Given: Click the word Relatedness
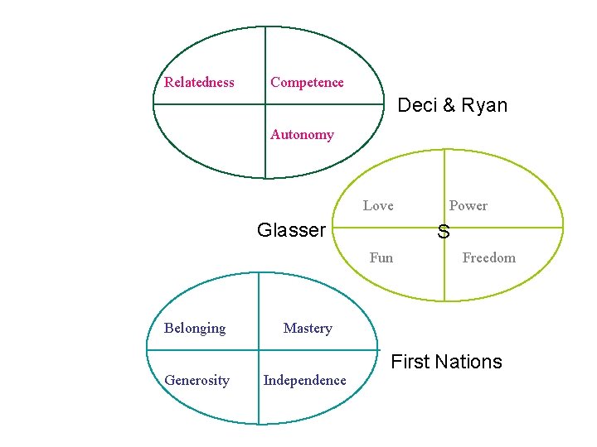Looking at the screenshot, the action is [199, 82].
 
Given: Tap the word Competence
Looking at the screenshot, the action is [307, 82].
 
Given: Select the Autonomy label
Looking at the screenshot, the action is [302, 134].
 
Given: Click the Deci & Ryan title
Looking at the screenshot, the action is [452, 105].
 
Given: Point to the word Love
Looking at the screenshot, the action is [378, 205].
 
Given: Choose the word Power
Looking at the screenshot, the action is [468, 205].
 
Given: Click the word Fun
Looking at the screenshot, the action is [381, 257].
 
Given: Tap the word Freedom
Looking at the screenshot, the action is [488, 257].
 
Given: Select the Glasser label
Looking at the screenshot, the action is [291, 230].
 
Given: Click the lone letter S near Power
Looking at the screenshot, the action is [444, 233].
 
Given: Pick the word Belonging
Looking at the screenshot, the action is [195, 328].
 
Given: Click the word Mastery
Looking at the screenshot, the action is [308, 328].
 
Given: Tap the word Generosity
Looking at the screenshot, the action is [197, 380].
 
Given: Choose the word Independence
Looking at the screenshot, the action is [304, 380].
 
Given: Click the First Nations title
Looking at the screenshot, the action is [446, 362].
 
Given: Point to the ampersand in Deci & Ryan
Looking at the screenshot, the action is [448, 106].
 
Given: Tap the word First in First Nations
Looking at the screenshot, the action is [409, 362].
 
